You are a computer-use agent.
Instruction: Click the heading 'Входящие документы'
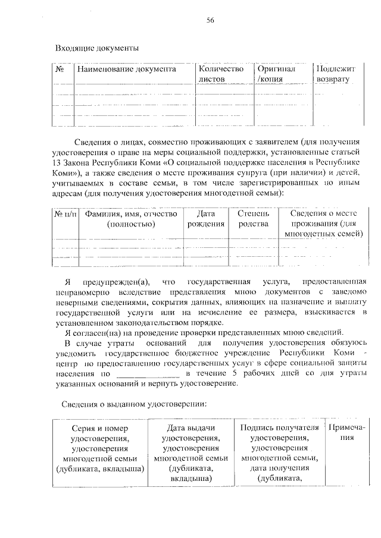coord(96,48)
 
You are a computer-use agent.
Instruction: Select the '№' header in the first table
coord(60,70)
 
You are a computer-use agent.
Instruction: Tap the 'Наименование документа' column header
coord(125,70)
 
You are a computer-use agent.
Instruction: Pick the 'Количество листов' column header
coord(221,74)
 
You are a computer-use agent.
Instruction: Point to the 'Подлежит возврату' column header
coord(335,74)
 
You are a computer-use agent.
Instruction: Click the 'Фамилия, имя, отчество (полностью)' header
coord(131,218)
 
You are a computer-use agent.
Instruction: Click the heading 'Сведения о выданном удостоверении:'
coord(134,404)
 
